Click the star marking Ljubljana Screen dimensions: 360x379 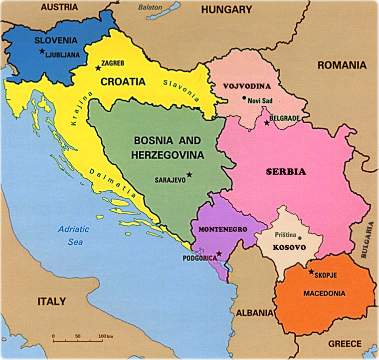(42, 51)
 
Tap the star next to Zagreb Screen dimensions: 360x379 (98, 68)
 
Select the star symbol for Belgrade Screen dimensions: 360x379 (267, 123)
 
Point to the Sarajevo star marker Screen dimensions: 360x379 (189, 174)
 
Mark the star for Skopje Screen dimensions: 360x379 (311, 272)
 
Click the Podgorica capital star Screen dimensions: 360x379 (219, 254)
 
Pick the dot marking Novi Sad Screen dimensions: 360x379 (244, 98)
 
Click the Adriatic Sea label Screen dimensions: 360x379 (73, 235)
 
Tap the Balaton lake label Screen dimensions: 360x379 (151, 6)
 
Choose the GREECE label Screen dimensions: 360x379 (345, 344)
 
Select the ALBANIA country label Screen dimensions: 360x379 (255, 313)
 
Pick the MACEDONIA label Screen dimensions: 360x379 (325, 294)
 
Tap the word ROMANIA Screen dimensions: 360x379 (342, 65)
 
